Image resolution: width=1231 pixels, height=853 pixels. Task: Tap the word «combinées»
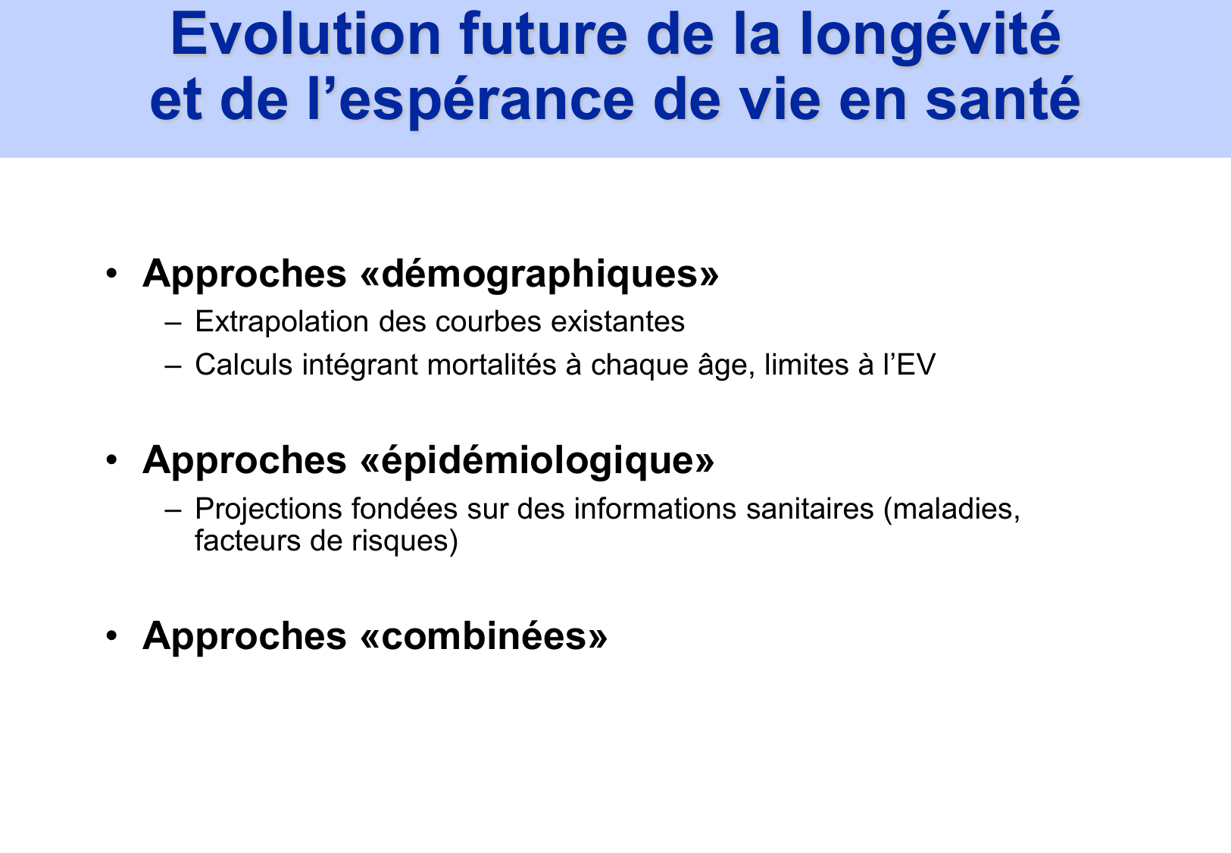484,635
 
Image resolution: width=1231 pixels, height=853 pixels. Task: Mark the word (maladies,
952,509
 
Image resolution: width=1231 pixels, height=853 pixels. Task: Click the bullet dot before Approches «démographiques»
112,274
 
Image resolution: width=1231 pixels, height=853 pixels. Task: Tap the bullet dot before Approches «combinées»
112,635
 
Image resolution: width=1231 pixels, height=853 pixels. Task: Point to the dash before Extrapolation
173,322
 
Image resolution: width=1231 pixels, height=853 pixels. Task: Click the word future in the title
543,35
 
